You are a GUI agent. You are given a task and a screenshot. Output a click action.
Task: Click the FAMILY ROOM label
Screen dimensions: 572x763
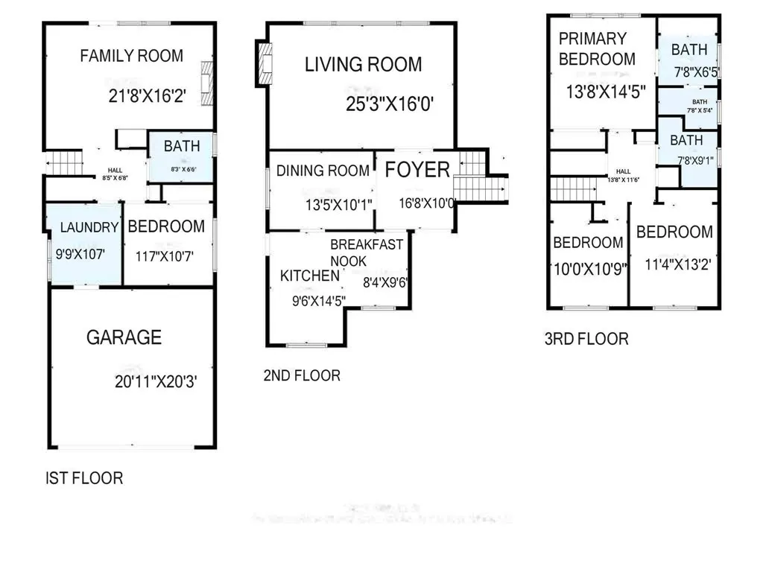(x=131, y=56)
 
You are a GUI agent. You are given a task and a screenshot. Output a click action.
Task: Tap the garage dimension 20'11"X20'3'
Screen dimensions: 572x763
(x=156, y=382)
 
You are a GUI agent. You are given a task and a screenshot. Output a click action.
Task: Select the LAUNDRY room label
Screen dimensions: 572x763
(x=84, y=228)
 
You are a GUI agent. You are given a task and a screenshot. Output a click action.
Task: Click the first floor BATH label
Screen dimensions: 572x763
(x=182, y=146)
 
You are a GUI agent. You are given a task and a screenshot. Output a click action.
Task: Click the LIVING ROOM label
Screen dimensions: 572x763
(x=363, y=65)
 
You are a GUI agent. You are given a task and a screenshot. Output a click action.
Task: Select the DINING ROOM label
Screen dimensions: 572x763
(x=323, y=171)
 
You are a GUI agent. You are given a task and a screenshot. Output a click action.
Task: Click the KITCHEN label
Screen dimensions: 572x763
(x=309, y=276)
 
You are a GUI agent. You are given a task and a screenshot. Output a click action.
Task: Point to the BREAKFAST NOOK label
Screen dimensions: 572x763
(x=367, y=252)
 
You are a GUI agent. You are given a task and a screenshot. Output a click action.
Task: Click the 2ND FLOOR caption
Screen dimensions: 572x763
(x=302, y=375)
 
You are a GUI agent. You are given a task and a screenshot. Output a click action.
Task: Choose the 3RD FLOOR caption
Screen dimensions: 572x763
(x=586, y=340)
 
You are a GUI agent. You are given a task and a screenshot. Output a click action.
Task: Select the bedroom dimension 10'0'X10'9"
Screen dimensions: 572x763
(x=589, y=267)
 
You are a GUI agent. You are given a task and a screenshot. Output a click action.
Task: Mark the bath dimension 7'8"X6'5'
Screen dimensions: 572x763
(x=689, y=73)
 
